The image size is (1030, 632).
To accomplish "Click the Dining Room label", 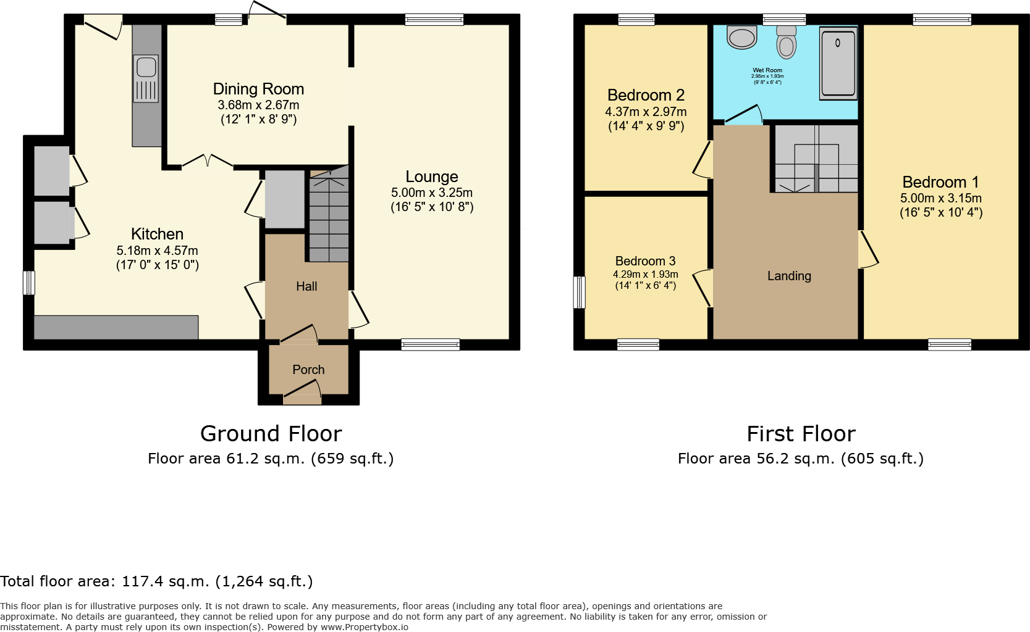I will tap(258, 89).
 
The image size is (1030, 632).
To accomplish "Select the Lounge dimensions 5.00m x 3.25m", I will tap(431, 193).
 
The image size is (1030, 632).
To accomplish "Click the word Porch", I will tap(308, 370).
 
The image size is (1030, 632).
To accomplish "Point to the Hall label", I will tap(306, 286).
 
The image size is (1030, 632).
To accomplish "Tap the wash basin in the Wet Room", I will tap(741, 37).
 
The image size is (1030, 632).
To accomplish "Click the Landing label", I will tap(789, 276).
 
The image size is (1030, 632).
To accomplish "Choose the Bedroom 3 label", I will tap(645, 261).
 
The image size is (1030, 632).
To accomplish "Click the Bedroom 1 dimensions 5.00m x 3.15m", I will tap(940, 198).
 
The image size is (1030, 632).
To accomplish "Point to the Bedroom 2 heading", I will tap(646, 95).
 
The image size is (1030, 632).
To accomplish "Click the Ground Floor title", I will tap(271, 434).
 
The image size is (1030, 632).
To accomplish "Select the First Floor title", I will tap(801, 434).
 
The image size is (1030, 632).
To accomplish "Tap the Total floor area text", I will tap(156, 581).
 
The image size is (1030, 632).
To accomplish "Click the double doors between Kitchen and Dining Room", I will tap(207, 161).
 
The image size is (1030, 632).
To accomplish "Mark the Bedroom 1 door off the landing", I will tap(867, 250).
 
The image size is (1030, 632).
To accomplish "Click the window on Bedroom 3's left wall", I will tap(579, 292).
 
